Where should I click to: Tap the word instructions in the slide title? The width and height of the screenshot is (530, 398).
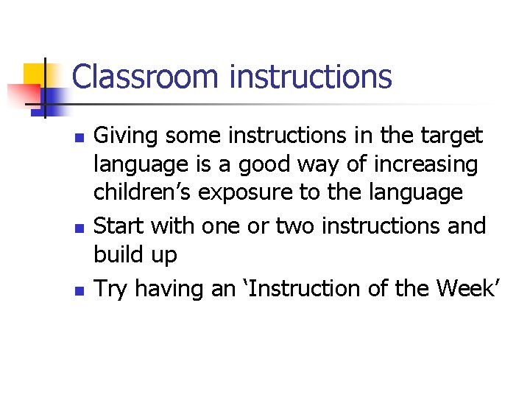tap(311, 77)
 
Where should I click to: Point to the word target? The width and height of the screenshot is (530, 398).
tap(450, 136)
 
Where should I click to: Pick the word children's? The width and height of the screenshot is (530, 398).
tap(143, 192)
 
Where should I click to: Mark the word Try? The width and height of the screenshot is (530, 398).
tap(111, 289)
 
